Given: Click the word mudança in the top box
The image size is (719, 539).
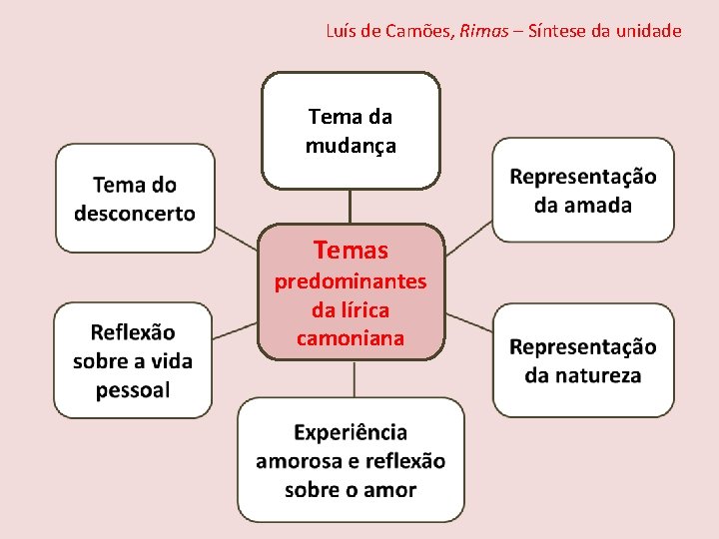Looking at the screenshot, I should pos(351,146).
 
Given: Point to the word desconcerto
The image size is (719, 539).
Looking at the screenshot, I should pos(135,213).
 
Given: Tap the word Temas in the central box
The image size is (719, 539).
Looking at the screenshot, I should pos(351,250).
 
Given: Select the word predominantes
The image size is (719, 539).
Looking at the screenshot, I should pos(351,281).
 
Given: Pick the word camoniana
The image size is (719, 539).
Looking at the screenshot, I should pos(351,338).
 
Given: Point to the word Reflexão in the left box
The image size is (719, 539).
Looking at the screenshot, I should pos(133,332).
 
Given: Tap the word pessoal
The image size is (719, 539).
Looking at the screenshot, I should pos(133,389).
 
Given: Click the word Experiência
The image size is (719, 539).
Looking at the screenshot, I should pos(351,432).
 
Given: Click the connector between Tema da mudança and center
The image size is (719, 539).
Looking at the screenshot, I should pos(350,207).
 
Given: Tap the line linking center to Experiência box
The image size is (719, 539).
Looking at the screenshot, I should pos(355,379).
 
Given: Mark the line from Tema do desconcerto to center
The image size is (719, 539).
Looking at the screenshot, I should pos(237,239).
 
